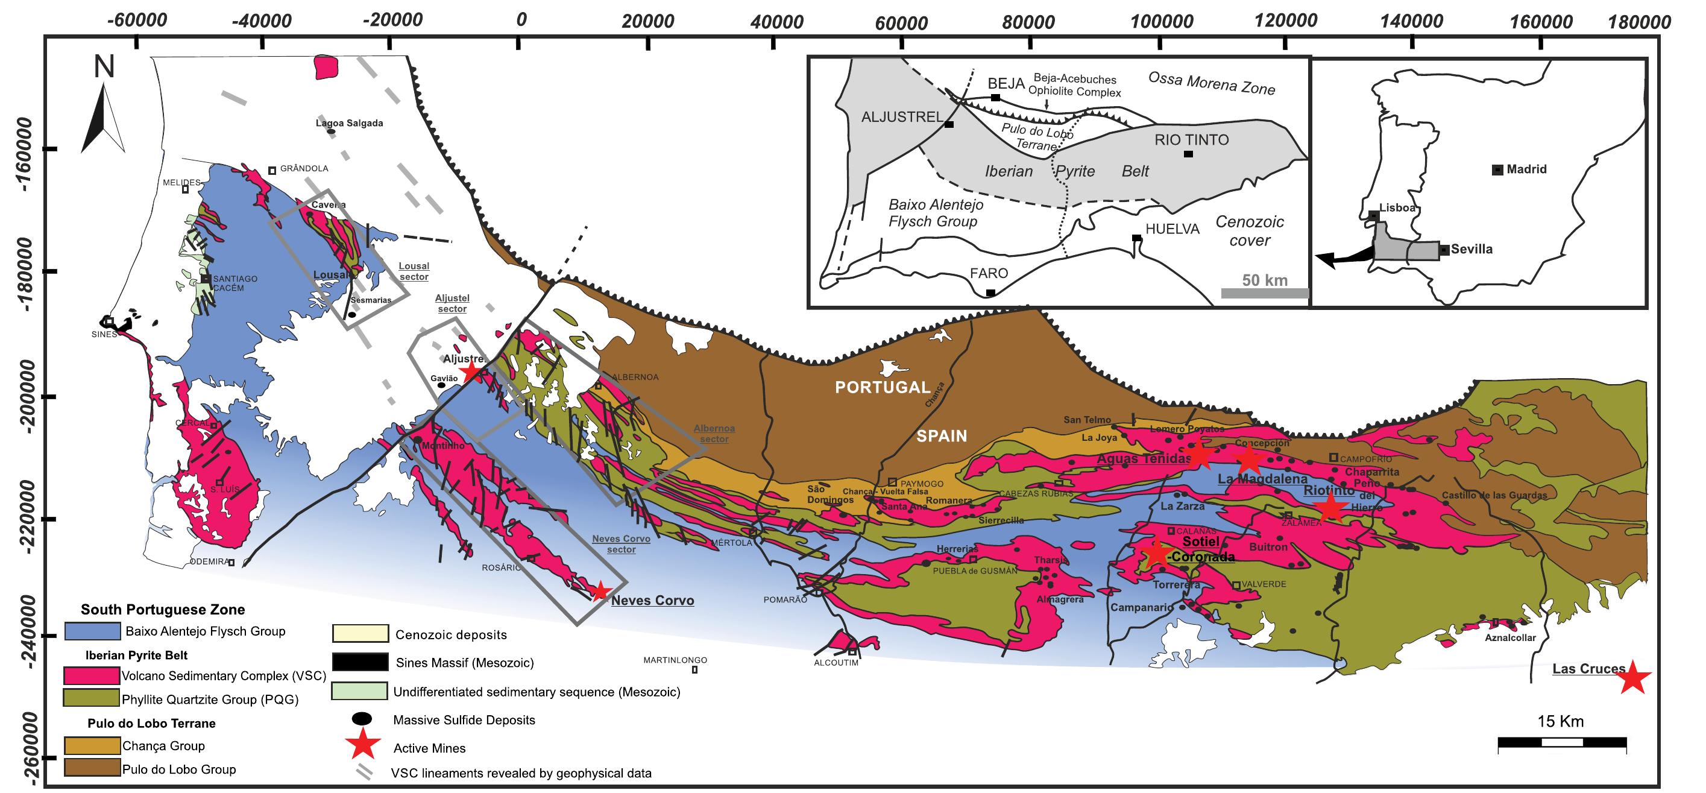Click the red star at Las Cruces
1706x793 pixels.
[x=1633, y=678]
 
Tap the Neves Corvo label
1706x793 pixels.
[x=652, y=601]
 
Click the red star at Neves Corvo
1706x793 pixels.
[x=599, y=592]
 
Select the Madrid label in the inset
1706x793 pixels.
[x=1526, y=169]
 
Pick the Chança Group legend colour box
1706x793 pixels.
[x=92, y=746]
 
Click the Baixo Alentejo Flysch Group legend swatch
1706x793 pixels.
[x=92, y=631]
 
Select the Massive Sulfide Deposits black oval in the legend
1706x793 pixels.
[x=362, y=719]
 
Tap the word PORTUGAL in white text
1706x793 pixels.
[x=882, y=387]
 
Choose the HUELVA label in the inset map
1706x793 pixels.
[x=1172, y=229]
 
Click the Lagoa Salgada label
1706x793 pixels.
[x=349, y=123]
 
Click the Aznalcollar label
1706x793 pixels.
[x=1510, y=638]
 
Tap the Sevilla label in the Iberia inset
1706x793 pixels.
[x=1472, y=250]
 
